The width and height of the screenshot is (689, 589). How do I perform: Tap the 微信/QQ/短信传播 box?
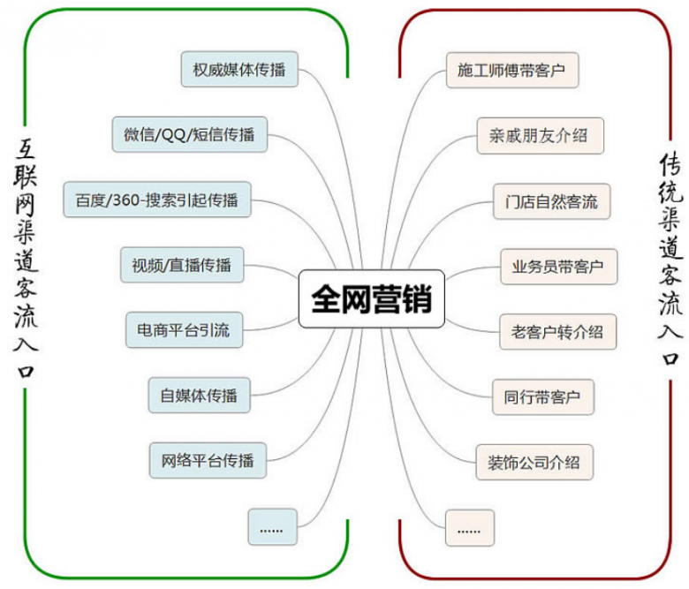coord(189,134)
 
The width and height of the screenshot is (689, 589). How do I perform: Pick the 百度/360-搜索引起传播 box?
coord(156,199)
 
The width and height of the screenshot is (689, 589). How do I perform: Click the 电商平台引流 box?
coord(183,329)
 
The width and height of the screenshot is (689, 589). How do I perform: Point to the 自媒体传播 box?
coord(200,395)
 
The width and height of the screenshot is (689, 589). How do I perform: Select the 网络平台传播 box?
coord(208,459)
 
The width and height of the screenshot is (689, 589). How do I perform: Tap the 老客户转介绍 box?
coord(557,331)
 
